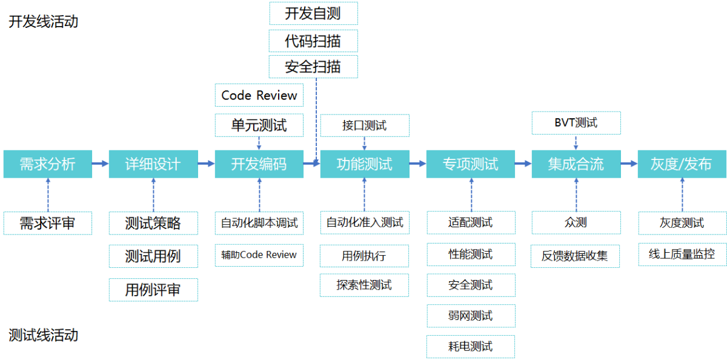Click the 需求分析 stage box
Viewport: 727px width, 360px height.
point(48,164)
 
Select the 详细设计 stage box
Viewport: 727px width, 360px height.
point(153,164)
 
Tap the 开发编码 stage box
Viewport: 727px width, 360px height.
point(259,164)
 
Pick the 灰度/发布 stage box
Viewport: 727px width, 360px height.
point(682,164)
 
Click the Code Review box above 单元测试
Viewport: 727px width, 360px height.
point(259,95)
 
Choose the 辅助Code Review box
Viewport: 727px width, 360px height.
point(259,255)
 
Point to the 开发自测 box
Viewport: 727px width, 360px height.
point(314,13)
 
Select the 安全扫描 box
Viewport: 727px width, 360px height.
point(314,67)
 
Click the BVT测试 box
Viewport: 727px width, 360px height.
point(576,122)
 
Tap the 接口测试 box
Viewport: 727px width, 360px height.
point(365,125)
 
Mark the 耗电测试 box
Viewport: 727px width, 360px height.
point(471,347)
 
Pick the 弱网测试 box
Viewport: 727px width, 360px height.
point(471,316)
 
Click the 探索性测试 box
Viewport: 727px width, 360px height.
point(364,285)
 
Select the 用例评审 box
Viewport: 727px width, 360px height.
point(153,290)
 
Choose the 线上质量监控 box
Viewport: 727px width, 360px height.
point(682,254)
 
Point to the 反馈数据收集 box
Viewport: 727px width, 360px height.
point(575,256)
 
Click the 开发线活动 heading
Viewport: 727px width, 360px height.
point(43,22)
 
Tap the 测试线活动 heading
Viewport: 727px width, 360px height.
point(43,335)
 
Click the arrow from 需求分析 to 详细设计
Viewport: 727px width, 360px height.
point(101,163)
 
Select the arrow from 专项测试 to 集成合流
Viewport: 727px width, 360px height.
point(523,164)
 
